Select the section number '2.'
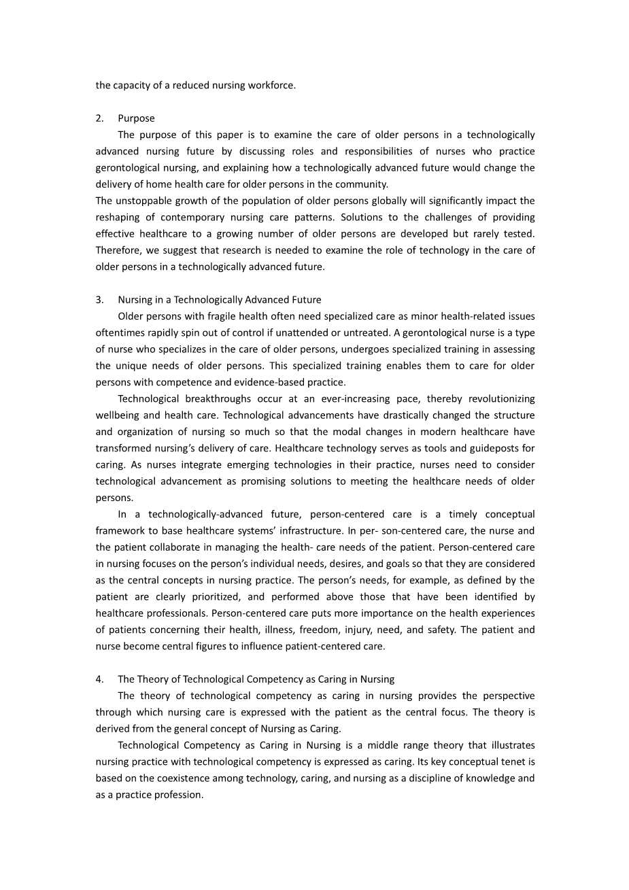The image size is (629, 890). [x=100, y=118]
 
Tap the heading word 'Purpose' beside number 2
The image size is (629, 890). [x=136, y=118]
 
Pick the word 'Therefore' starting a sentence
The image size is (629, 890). [x=118, y=250]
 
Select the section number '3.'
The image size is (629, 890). [x=100, y=300]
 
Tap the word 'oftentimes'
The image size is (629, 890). [x=118, y=332]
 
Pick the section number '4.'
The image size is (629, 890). [x=100, y=679]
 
